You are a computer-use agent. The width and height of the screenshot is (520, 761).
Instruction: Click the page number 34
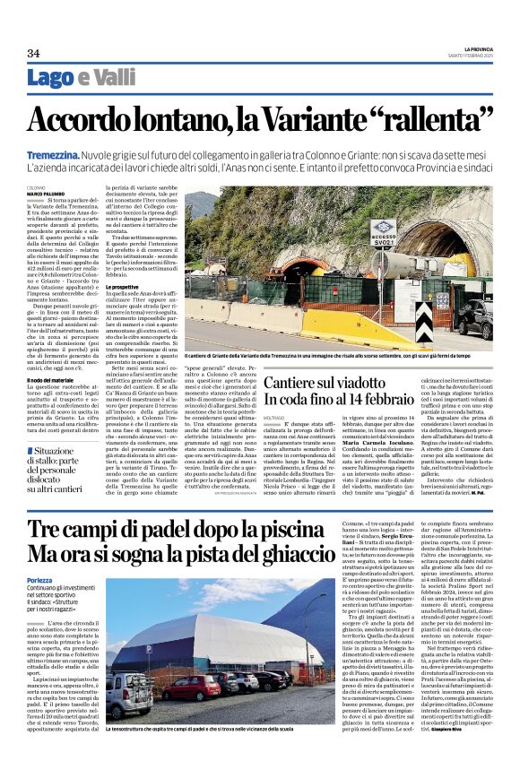point(33,53)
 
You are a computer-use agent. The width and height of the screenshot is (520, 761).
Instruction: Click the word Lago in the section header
point(74,78)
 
